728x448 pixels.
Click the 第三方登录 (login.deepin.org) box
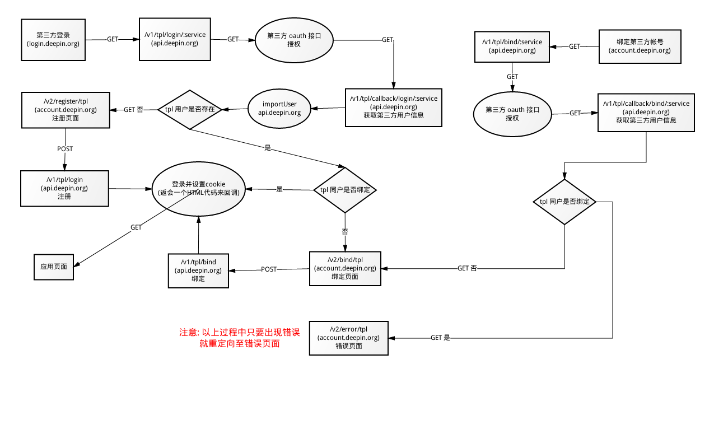[x=53, y=40]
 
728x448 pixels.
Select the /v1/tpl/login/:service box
[x=175, y=39]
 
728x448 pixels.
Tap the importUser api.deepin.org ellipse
[x=279, y=109]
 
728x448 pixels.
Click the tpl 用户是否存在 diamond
[x=190, y=110]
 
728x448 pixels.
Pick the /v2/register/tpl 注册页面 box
[x=66, y=110]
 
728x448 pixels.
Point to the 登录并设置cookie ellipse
[x=199, y=189]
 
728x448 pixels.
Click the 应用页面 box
[x=54, y=267]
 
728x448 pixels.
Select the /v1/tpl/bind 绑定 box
[x=198, y=271]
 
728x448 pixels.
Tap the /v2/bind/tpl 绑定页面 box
[x=345, y=269]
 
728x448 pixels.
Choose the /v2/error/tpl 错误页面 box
[x=349, y=338]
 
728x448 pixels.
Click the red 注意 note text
[x=240, y=338]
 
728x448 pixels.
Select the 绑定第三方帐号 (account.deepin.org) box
[x=640, y=46]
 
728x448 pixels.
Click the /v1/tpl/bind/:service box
[x=512, y=46]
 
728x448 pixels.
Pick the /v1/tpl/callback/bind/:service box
[x=646, y=113]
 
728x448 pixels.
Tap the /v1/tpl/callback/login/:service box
[x=394, y=108]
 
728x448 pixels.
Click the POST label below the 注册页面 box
[x=65, y=149]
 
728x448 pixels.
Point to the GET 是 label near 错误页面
[x=440, y=338]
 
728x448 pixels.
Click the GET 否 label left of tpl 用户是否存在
[x=133, y=110]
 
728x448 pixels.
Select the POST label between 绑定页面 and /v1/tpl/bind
[x=269, y=269]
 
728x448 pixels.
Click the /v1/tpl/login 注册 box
[x=64, y=189]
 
